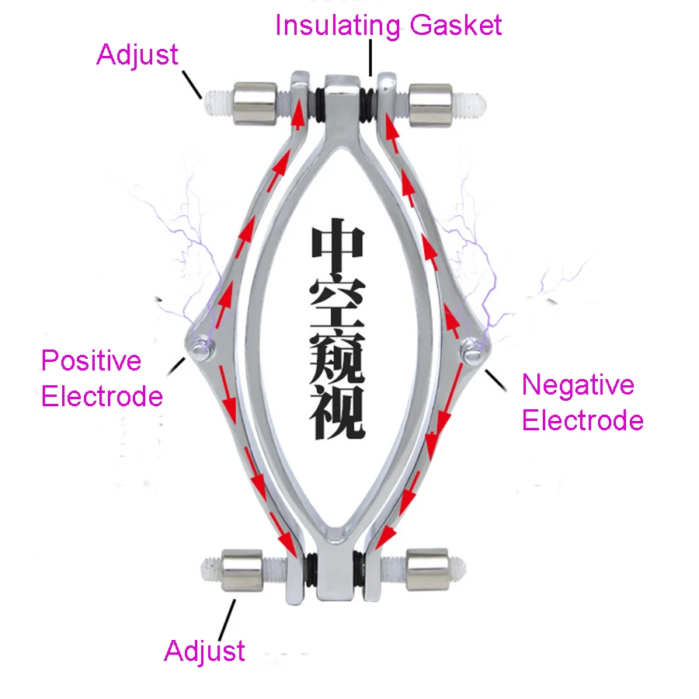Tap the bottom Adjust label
pyautogui.click(x=204, y=651)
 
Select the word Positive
pyautogui.click(x=91, y=361)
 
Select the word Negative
pyautogui.click(x=578, y=385)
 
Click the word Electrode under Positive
pyautogui.click(x=102, y=397)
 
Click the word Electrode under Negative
pyautogui.click(x=582, y=421)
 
